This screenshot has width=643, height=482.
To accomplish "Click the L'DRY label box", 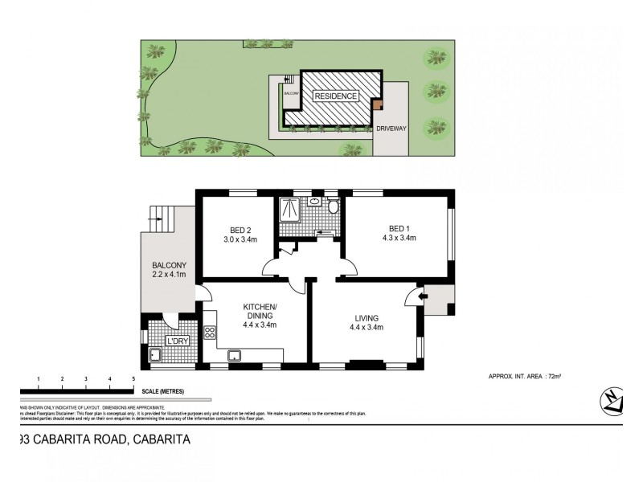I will [176, 341].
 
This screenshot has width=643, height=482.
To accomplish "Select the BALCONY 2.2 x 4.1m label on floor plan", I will [169, 270].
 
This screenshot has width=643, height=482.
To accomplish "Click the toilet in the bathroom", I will [333, 207].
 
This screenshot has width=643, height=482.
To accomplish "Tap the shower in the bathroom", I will [288, 210].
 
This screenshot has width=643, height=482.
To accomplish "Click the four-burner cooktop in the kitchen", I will [211, 332].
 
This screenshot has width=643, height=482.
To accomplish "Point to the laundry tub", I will [155, 354].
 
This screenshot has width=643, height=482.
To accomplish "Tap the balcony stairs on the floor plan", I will [161, 217].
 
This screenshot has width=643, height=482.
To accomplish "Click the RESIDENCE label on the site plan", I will [335, 96].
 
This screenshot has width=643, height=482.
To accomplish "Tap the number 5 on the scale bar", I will [133, 378].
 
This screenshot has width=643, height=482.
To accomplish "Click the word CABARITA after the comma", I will [162, 439].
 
